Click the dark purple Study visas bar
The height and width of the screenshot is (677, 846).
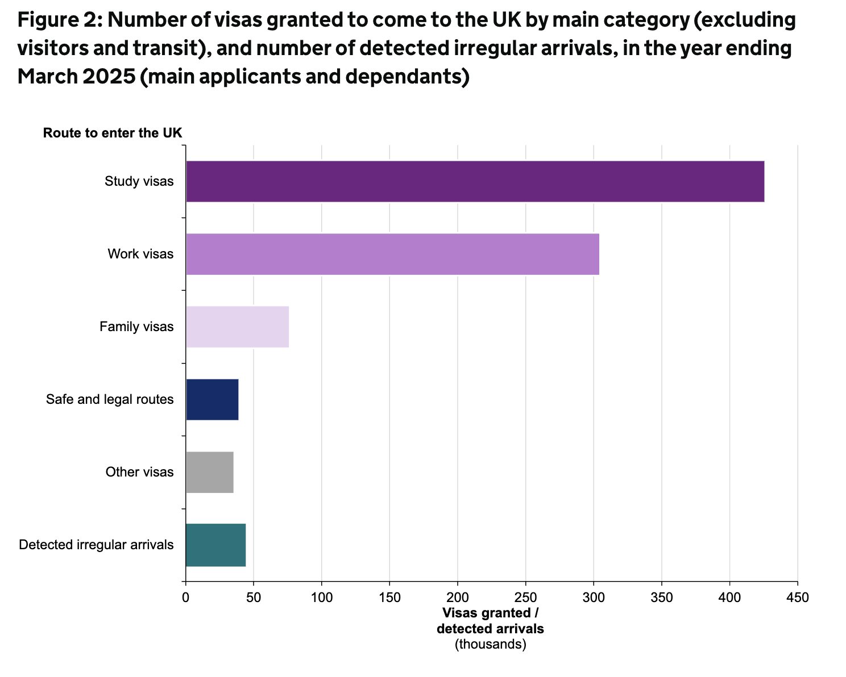tap(475, 182)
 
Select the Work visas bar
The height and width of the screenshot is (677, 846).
tap(392, 254)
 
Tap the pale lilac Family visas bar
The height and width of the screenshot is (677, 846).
tap(237, 327)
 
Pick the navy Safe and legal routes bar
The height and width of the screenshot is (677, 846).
tap(212, 399)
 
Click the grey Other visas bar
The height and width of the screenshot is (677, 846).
tap(209, 472)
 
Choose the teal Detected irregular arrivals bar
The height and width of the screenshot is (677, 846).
tap(215, 545)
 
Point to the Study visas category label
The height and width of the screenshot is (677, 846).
tap(139, 182)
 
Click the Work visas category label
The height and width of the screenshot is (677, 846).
tap(140, 254)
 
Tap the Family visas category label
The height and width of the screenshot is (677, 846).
tap(136, 327)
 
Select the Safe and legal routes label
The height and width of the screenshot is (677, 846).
tap(110, 399)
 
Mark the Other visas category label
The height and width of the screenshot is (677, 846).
tap(139, 472)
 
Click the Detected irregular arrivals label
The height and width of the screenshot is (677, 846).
tap(96, 545)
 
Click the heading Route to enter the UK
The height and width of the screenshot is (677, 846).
tap(113, 133)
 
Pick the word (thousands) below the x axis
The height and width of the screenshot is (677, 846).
tap(491, 644)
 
